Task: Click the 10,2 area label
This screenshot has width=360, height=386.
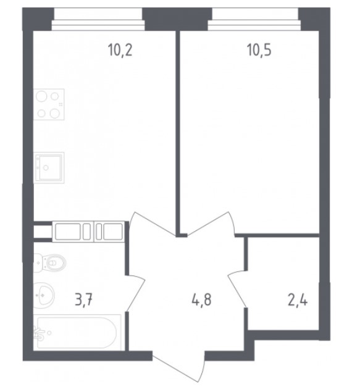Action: coord(120,50)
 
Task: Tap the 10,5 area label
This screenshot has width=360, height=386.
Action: coord(259,50)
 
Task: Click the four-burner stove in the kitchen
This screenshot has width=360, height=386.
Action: coord(49,104)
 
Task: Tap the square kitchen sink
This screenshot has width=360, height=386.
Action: coord(49,167)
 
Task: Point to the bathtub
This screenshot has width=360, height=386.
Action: coord(77,332)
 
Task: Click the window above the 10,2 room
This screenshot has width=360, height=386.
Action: coord(98,19)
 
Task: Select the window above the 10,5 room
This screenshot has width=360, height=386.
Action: coord(254,19)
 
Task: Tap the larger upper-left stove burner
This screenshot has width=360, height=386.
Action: coord(41,96)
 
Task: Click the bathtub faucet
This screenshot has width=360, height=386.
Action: coord(40,333)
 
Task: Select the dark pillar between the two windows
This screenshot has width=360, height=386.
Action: coord(177,19)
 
